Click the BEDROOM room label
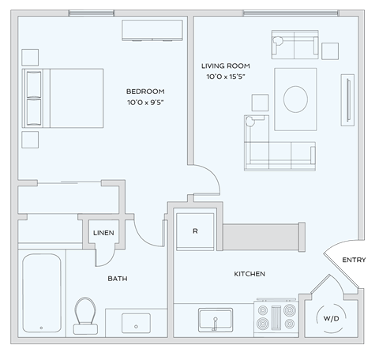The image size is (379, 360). coord(145,91)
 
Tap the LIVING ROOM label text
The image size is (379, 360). coord(226,65)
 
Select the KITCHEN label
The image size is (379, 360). coord(250,274)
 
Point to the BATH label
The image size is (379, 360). coord(118,279)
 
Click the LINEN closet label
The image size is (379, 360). coord(103,233)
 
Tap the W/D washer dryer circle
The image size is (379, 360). coord(330,318)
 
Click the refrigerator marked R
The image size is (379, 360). coord(194,231)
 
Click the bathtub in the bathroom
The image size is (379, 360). coord(42,292)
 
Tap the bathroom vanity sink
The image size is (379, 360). coord(137,322)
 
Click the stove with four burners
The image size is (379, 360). coord(276,317)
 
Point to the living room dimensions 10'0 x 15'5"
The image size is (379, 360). coord(226,77)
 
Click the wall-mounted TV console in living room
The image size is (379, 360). coord(347,98)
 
